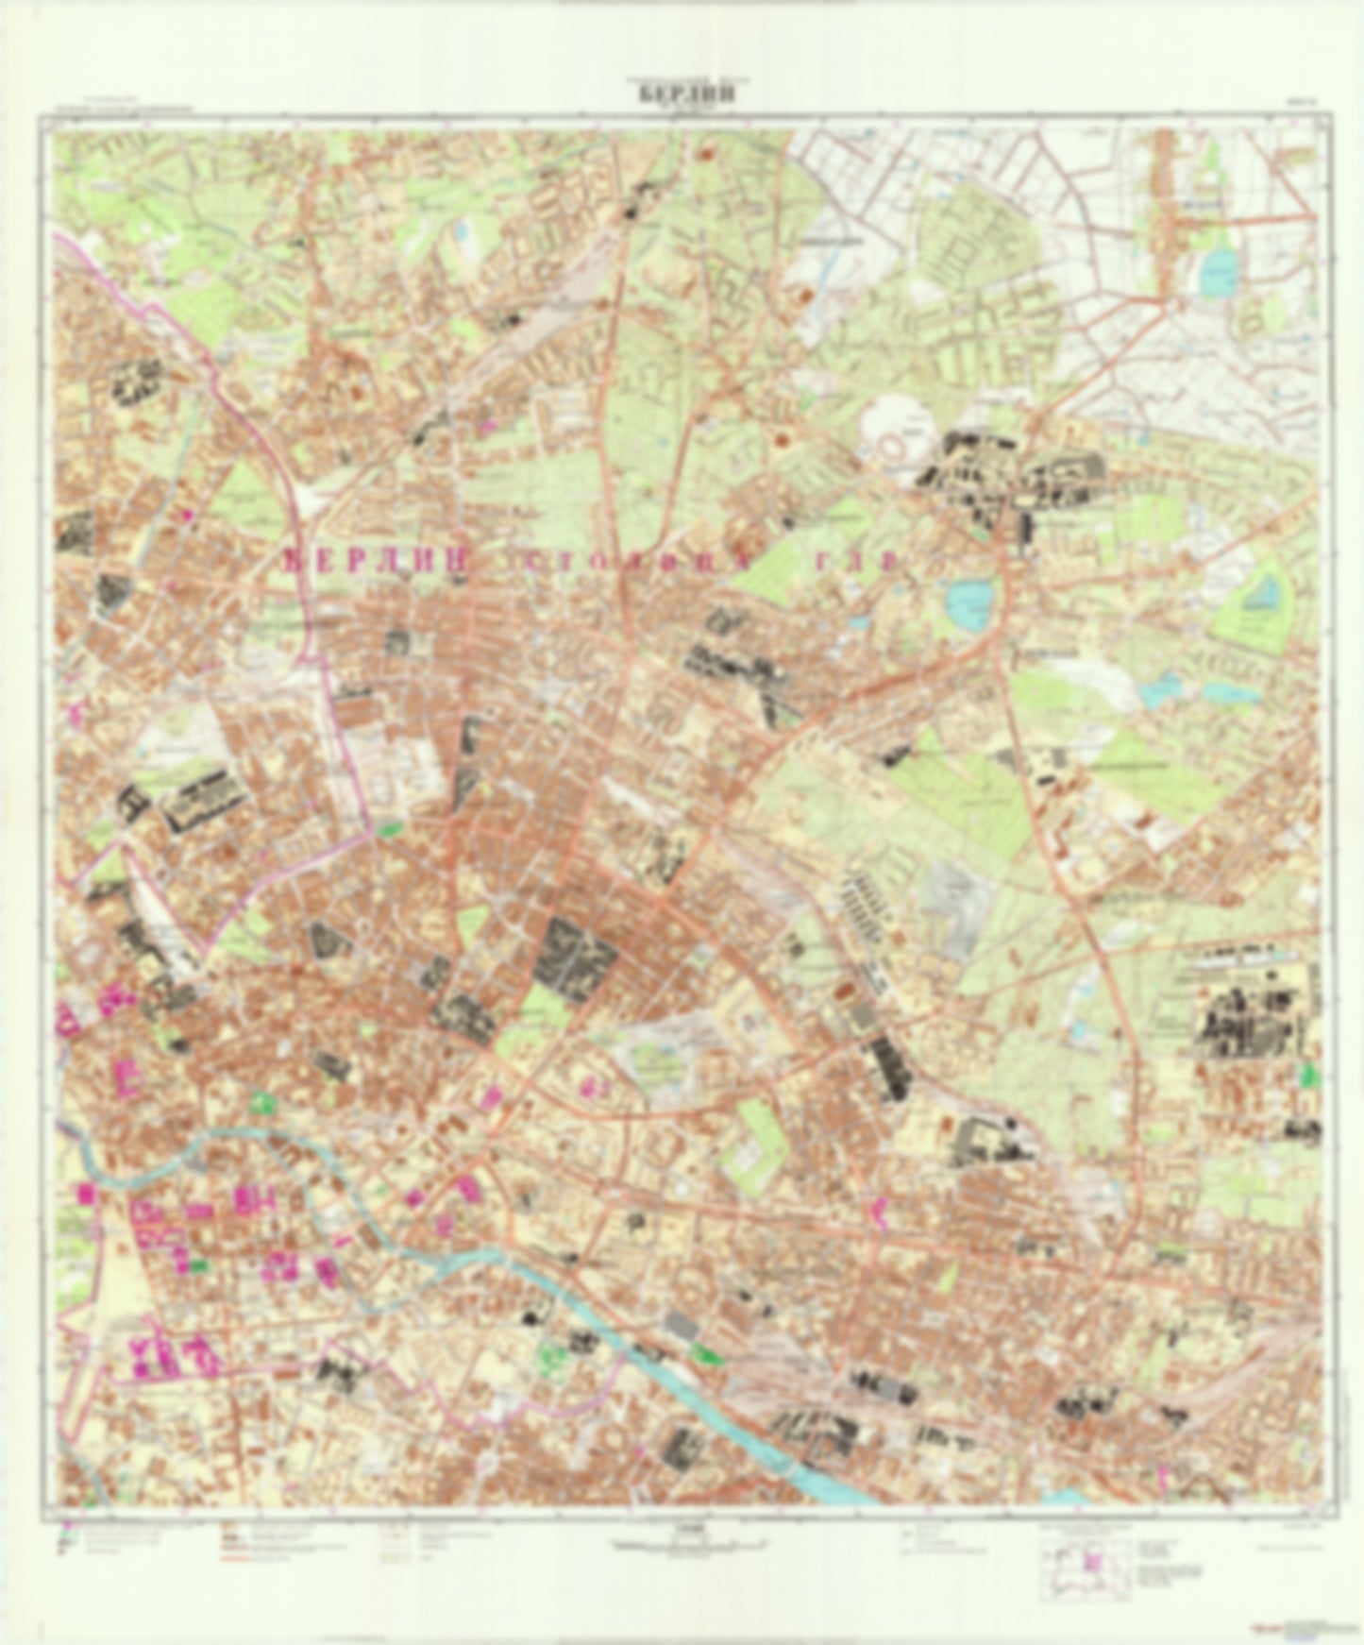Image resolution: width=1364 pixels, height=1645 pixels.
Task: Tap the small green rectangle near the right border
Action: [x=1308, y=1073]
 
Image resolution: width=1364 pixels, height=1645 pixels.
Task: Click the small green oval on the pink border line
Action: [x=388, y=829]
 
